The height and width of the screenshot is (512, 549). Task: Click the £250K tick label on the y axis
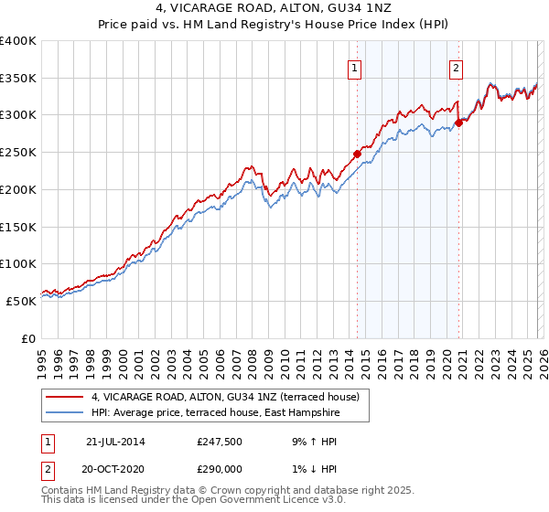tap(18, 153)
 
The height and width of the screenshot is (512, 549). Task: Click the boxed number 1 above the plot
tap(354, 66)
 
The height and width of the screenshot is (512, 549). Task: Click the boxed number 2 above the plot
tap(456, 66)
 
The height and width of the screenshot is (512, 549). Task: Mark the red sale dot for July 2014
tap(357, 154)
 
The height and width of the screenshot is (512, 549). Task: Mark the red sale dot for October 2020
tap(458, 123)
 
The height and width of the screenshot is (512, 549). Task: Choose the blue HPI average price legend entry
tap(215, 413)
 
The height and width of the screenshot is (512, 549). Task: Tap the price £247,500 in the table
tap(220, 442)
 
